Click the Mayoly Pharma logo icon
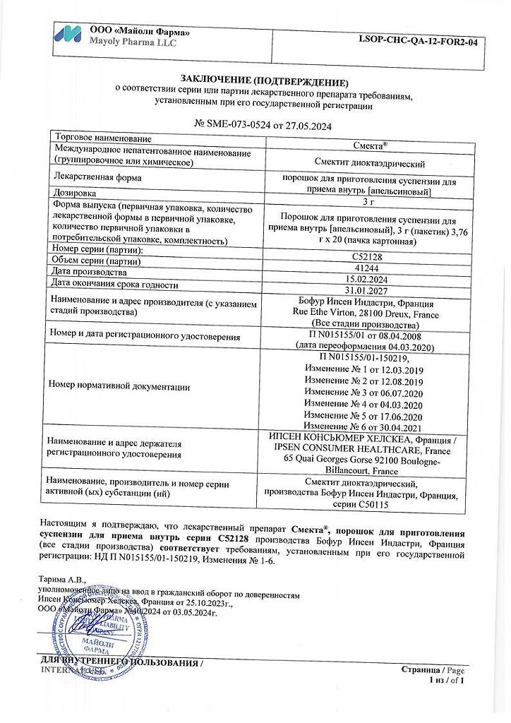coord(68,36)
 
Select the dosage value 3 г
coord(364,202)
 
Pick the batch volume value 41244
coord(364,270)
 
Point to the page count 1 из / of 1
coord(446,680)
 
